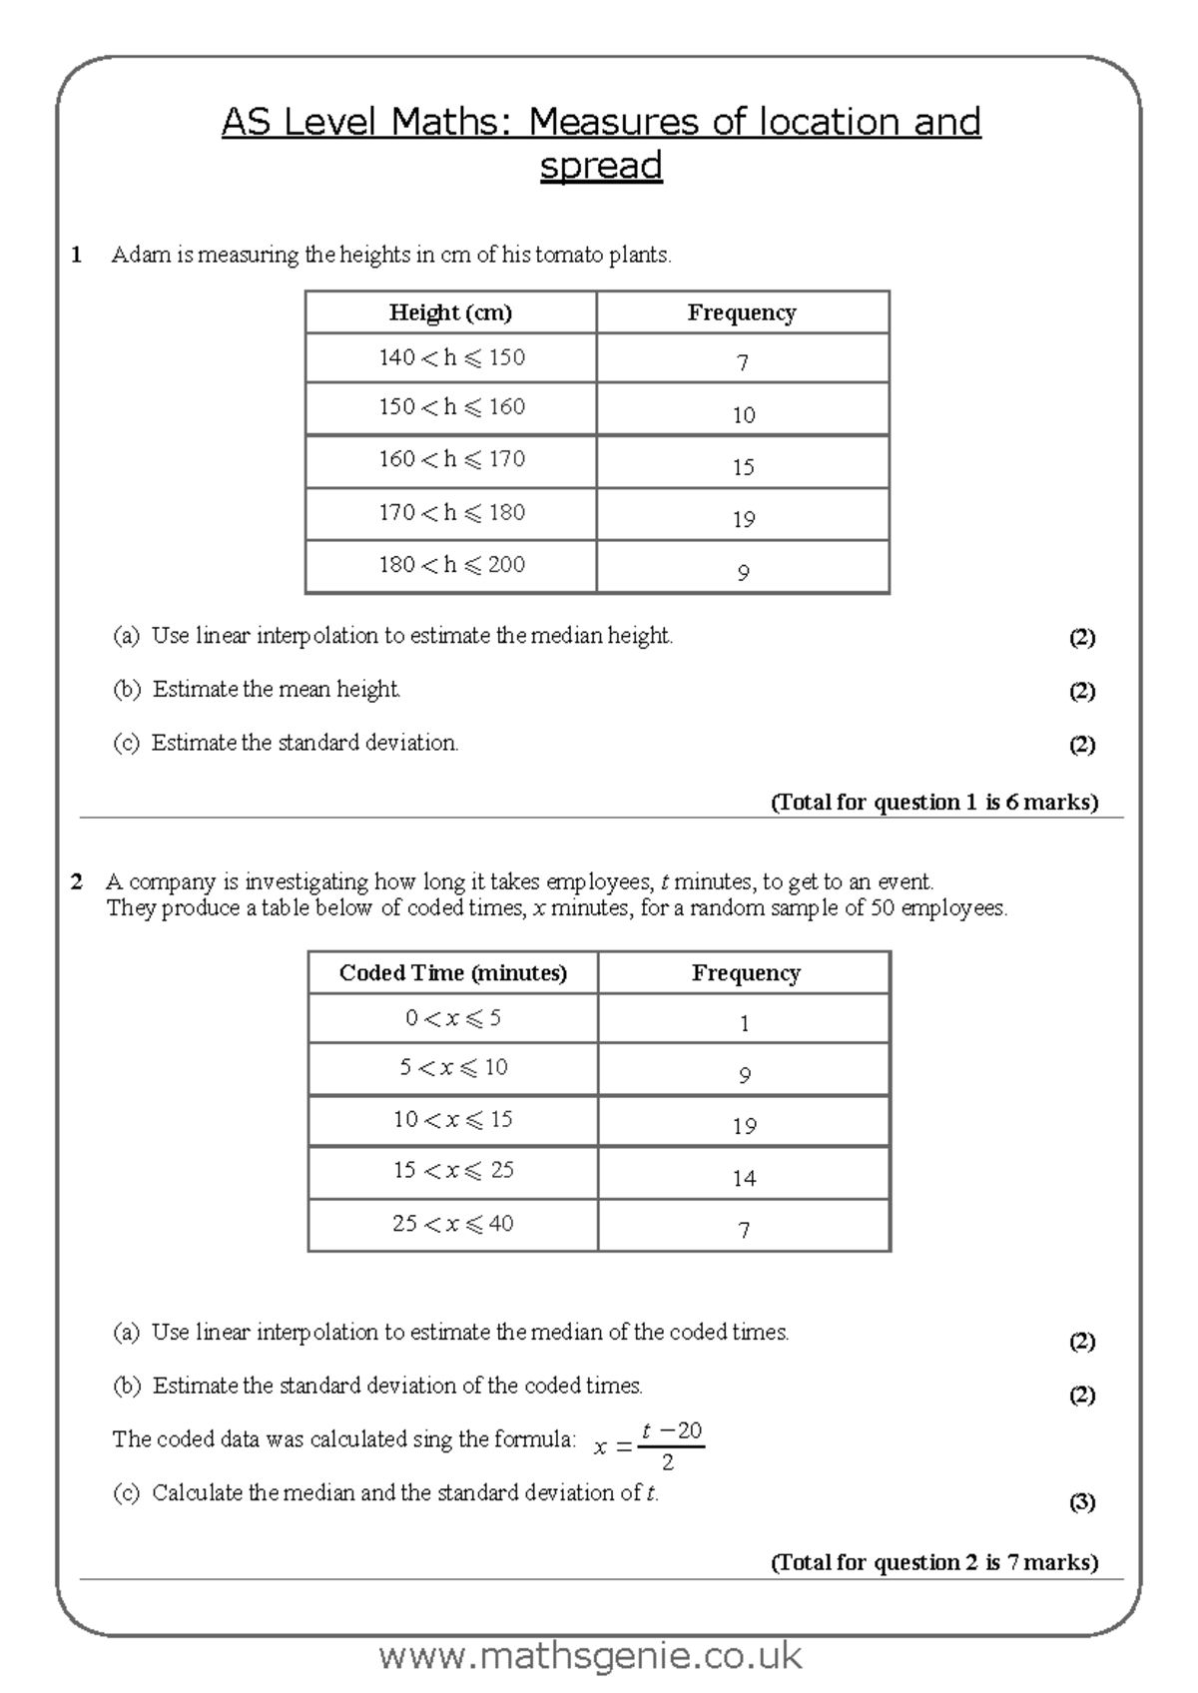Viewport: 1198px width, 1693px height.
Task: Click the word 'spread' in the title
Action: click(601, 165)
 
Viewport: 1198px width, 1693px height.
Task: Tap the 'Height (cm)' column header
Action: click(450, 312)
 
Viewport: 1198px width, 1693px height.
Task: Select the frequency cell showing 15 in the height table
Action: click(743, 466)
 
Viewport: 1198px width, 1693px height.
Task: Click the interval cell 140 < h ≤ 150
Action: click(451, 357)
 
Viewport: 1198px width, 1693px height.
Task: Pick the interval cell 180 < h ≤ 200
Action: click(451, 565)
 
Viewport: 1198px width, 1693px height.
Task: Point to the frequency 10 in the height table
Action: click(743, 414)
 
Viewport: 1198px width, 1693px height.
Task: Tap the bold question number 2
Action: click(77, 881)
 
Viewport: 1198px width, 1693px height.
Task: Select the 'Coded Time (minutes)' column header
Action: click(452, 973)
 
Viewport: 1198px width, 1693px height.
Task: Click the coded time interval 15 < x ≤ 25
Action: click(453, 1170)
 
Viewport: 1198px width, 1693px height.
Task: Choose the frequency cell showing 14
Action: click(744, 1178)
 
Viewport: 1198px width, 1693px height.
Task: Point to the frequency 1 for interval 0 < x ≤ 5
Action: click(744, 1023)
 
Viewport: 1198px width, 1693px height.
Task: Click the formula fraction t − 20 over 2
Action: click(670, 1445)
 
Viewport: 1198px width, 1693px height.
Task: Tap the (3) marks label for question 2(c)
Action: click(1082, 1501)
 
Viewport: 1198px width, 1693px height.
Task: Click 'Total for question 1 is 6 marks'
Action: click(933, 802)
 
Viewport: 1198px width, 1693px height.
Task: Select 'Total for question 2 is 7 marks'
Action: click(933, 1562)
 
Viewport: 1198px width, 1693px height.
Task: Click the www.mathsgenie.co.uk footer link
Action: click(590, 1656)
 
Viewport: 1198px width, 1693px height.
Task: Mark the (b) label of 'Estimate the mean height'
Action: click(127, 689)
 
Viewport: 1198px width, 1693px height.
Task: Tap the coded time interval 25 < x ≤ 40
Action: click(453, 1224)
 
